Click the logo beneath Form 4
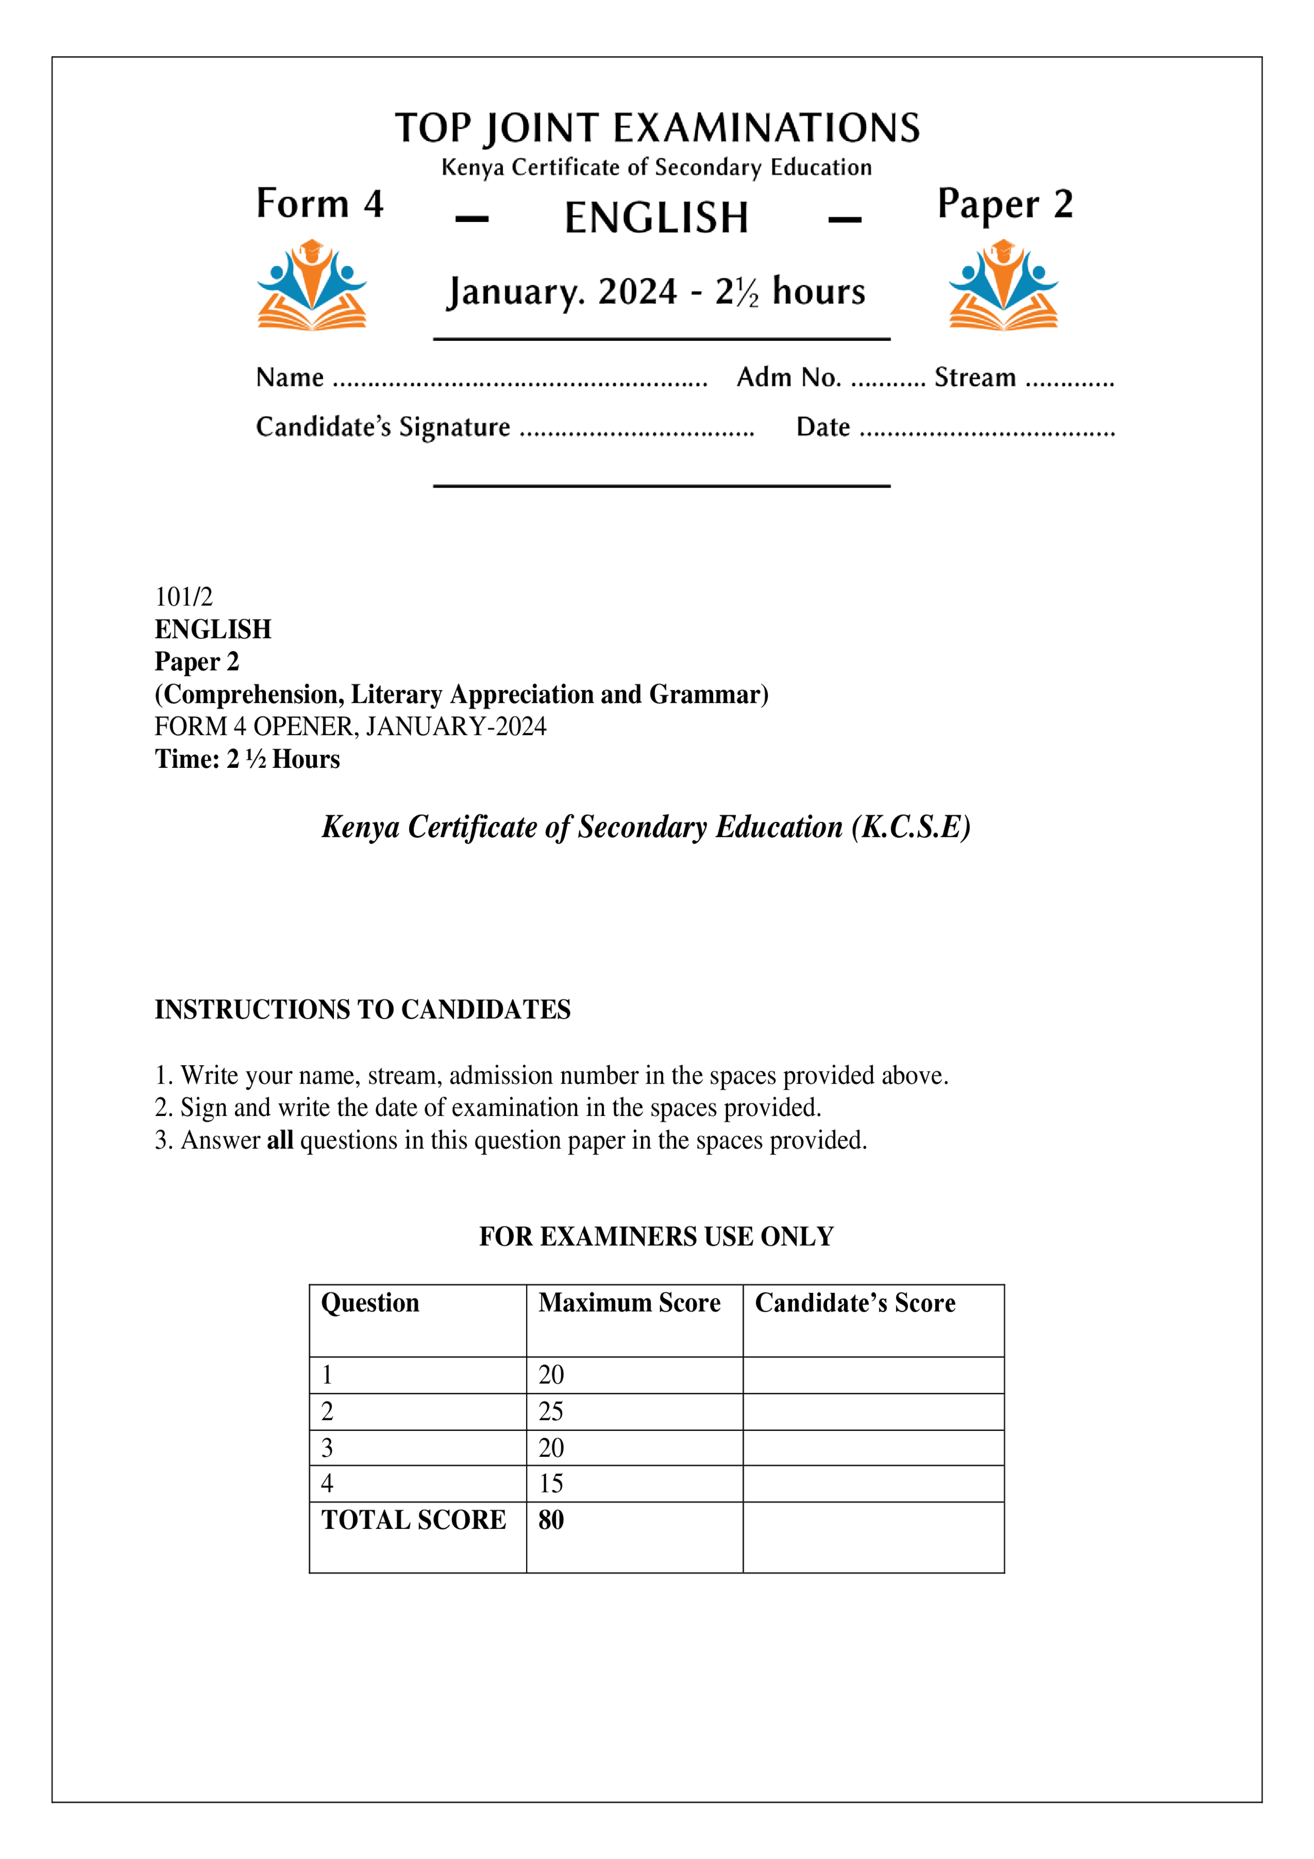pos(312,285)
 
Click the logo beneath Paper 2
pos(1003,285)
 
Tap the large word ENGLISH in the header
pos(656,218)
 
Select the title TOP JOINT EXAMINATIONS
pos(656,128)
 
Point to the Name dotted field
pos(520,380)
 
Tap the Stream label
pos(975,377)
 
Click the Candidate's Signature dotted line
pos(636,431)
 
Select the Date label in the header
pos(822,427)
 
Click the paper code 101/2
pos(184,597)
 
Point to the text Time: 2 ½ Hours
pos(247,759)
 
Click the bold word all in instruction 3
pos(279,1140)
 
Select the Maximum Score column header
pos(629,1303)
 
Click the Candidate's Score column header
pos(855,1303)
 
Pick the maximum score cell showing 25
pos(552,1411)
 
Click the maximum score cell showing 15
pos(552,1483)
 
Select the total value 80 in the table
pos(552,1520)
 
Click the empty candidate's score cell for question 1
pos(873,1375)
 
